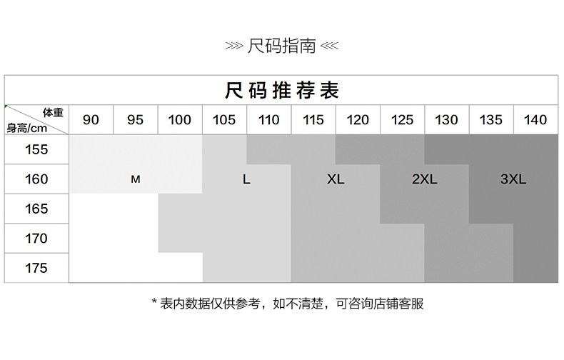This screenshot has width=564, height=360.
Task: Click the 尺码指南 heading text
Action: (281, 47)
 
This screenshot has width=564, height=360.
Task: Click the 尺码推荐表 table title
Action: (281, 90)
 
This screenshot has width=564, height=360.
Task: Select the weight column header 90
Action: (91, 120)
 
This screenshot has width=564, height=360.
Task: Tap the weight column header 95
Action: (135, 120)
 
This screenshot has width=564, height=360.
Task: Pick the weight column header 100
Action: (179, 120)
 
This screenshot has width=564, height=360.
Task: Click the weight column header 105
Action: (224, 120)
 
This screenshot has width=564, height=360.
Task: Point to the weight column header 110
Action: (268, 120)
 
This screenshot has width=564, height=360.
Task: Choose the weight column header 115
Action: (313, 120)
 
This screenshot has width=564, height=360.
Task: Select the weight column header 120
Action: (358, 120)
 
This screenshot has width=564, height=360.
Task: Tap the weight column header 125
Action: (402, 120)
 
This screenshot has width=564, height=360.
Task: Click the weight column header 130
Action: (446, 120)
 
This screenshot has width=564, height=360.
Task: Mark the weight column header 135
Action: (490, 120)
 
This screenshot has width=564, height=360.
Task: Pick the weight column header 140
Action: (535, 120)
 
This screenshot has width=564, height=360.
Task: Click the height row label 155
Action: (36, 150)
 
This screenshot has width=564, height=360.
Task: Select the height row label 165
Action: (36, 209)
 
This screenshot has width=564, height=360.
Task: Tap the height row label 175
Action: (36, 269)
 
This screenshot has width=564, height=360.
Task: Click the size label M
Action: (135, 180)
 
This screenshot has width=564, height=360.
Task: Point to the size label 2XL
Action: (424, 180)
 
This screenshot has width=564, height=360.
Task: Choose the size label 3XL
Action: (513, 180)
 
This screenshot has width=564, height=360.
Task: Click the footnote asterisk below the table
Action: (154, 304)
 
